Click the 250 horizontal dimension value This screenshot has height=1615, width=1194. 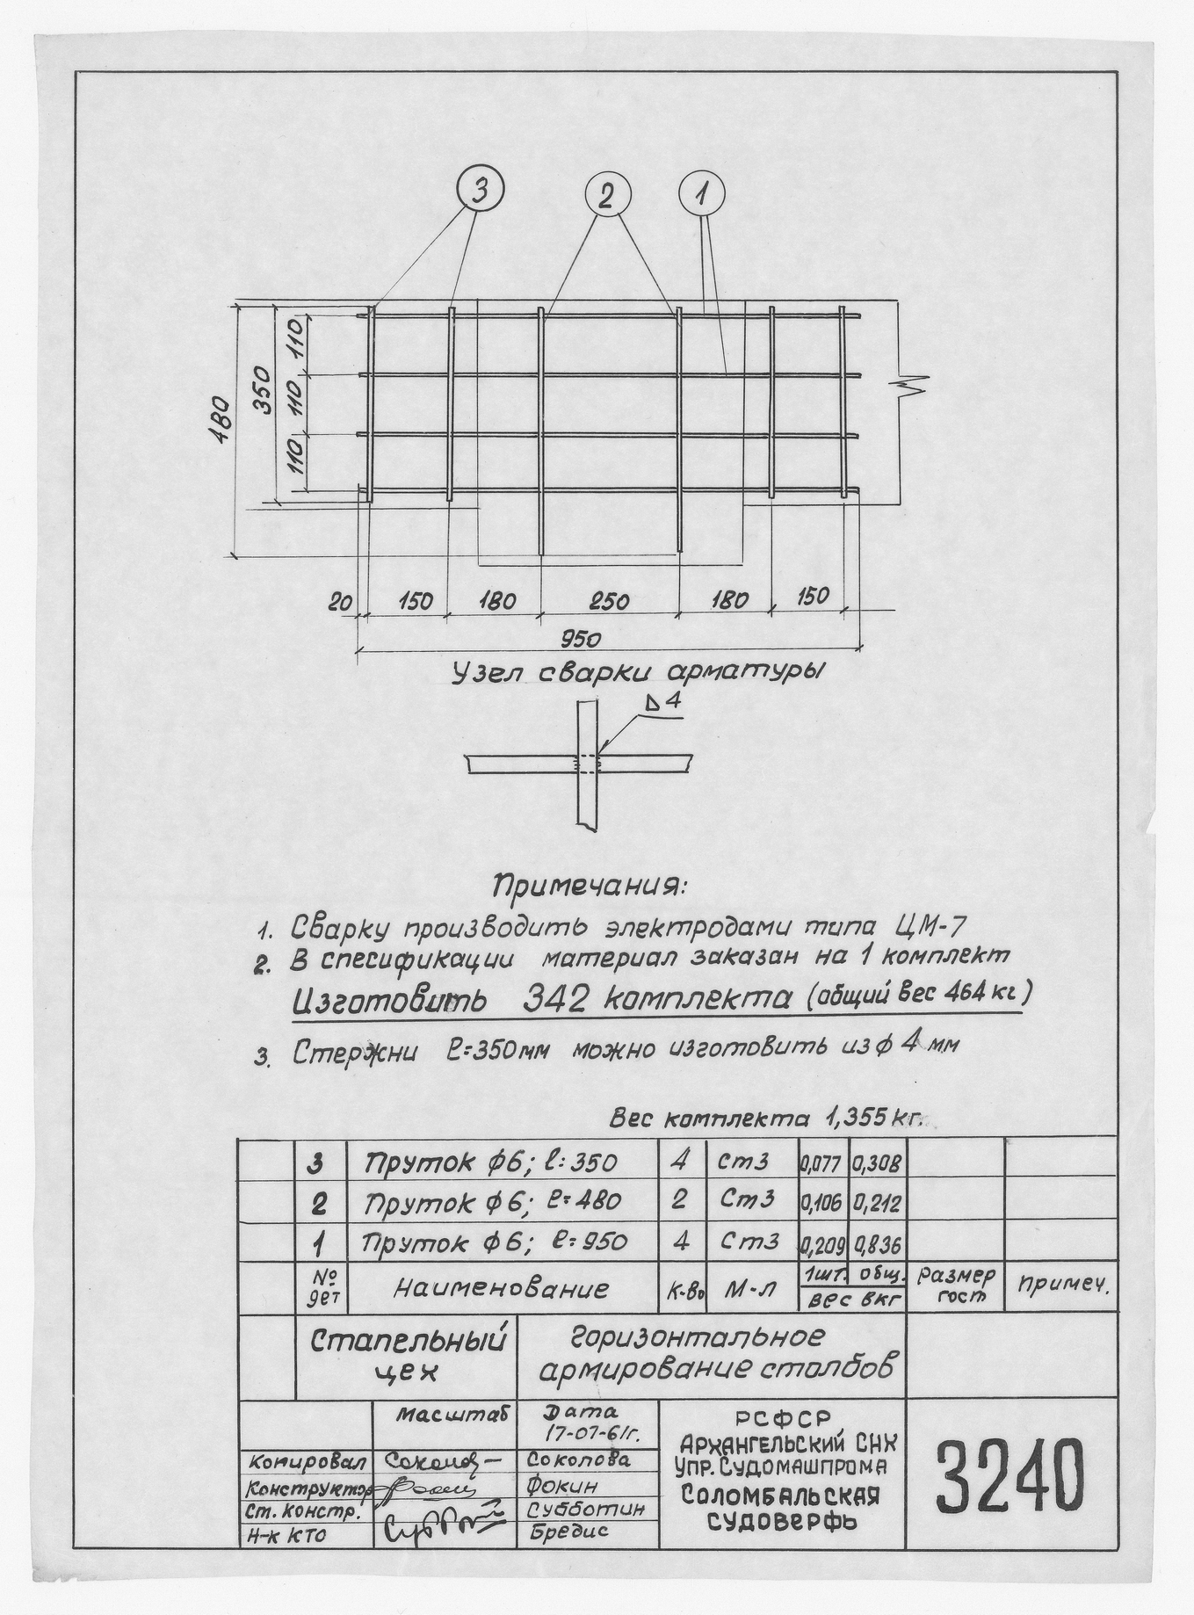tap(609, 602)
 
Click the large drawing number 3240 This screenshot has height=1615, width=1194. tap(1009, 1472)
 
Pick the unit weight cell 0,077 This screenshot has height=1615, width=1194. tap(821, 1164)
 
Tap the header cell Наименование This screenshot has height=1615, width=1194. tap(501, 1289)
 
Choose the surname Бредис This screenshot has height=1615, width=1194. tap(570, 1533)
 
